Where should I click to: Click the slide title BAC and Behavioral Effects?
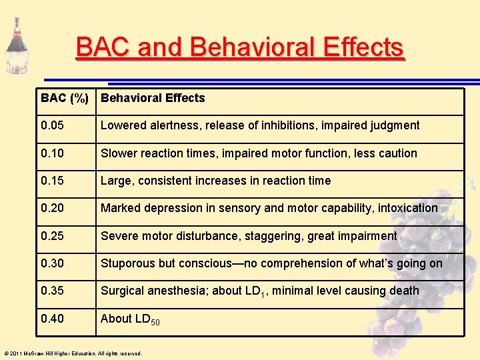(239, 48)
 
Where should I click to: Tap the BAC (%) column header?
(65, 98)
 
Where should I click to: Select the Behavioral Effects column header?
(153, 98)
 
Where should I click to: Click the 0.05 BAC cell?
(53, 125)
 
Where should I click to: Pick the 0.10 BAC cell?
(53, 153)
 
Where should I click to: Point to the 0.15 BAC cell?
(53, 181)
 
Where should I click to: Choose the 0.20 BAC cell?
(53, 208)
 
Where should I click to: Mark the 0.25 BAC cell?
(53, 236)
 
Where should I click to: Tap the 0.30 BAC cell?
(53, 263)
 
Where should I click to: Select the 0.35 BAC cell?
(53, 291)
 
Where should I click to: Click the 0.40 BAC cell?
(53, 319)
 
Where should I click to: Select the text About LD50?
(130, 319)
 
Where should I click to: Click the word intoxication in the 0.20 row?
(407, 208)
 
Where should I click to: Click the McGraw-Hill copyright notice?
(73, 353)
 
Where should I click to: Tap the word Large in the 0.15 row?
(115, 181)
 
